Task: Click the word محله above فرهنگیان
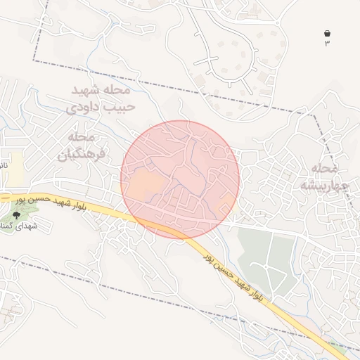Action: (x=82, y=136)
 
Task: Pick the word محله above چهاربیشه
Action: (x=324, y=169)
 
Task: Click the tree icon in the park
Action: (x=17, y=215)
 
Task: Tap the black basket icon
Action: (x=327, y=33)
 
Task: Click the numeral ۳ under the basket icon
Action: (x=327, y=44)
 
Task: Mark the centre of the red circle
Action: (x=180, y=179)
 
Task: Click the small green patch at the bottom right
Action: (x=339, y=346)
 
